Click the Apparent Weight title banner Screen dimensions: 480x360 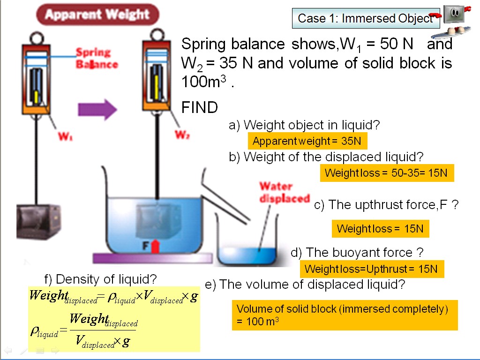(x=97, y=15)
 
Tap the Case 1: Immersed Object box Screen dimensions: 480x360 (x=366, y=18)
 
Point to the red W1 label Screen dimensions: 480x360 (x=65, y=137)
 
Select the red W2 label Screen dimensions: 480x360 (x=182, y=135)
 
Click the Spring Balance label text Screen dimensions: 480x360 (x=96, y=59)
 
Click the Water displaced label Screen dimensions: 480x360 (x=285, y=192)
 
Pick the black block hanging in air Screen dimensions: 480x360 (x=37, y=222)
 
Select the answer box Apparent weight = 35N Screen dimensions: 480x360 (x=307, y=141)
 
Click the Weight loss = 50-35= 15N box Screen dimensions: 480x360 (x=387, y=173)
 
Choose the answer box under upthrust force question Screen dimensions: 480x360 (x=380, y=229)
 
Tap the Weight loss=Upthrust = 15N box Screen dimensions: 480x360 (x=371, y=269)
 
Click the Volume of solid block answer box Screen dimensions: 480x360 (x=345, y=315)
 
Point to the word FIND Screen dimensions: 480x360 (x=200, y=108)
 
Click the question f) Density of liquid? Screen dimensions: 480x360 (x=100, y=279)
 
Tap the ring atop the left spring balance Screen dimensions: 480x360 (x=36, y=37)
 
